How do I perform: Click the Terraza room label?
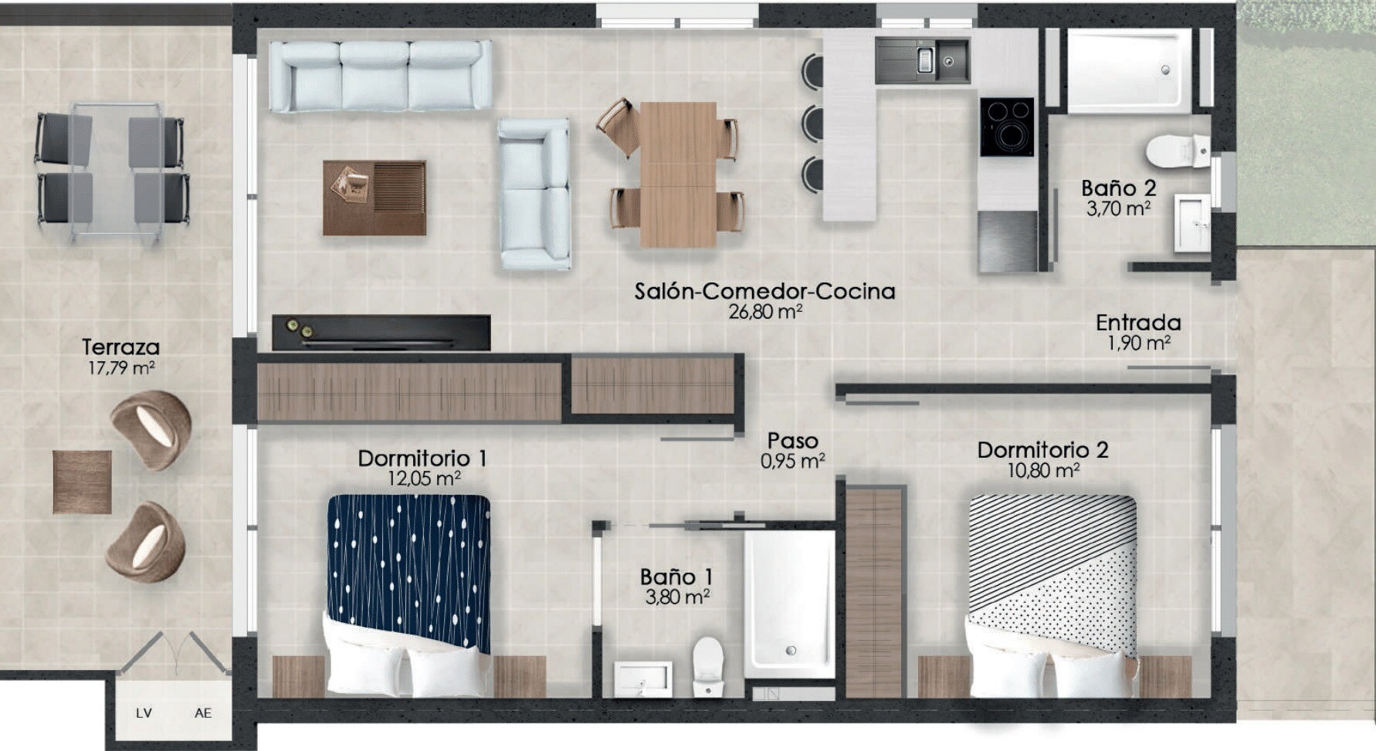(x=120, y=347)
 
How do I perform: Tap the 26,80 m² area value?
(x=765, y=312)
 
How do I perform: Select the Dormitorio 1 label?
(x=422, y=458)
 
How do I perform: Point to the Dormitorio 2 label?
(x=1042, y=450)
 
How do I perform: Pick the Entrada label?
(x=1138, y=323)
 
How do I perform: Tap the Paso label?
(x=792, y=441)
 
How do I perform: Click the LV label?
(x=144, y=713)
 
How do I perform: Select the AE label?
(x=203, y=713)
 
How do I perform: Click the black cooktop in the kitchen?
(x=1007, y=127)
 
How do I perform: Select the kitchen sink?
(x=922, y=61)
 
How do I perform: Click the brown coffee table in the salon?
(x=375, y=198)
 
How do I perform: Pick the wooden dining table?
(x=679, y=174)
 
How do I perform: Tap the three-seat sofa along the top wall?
(x=381, y=76)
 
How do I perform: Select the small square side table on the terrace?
(x=83, y=482)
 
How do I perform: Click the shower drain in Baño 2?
(x=1165, y=70)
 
